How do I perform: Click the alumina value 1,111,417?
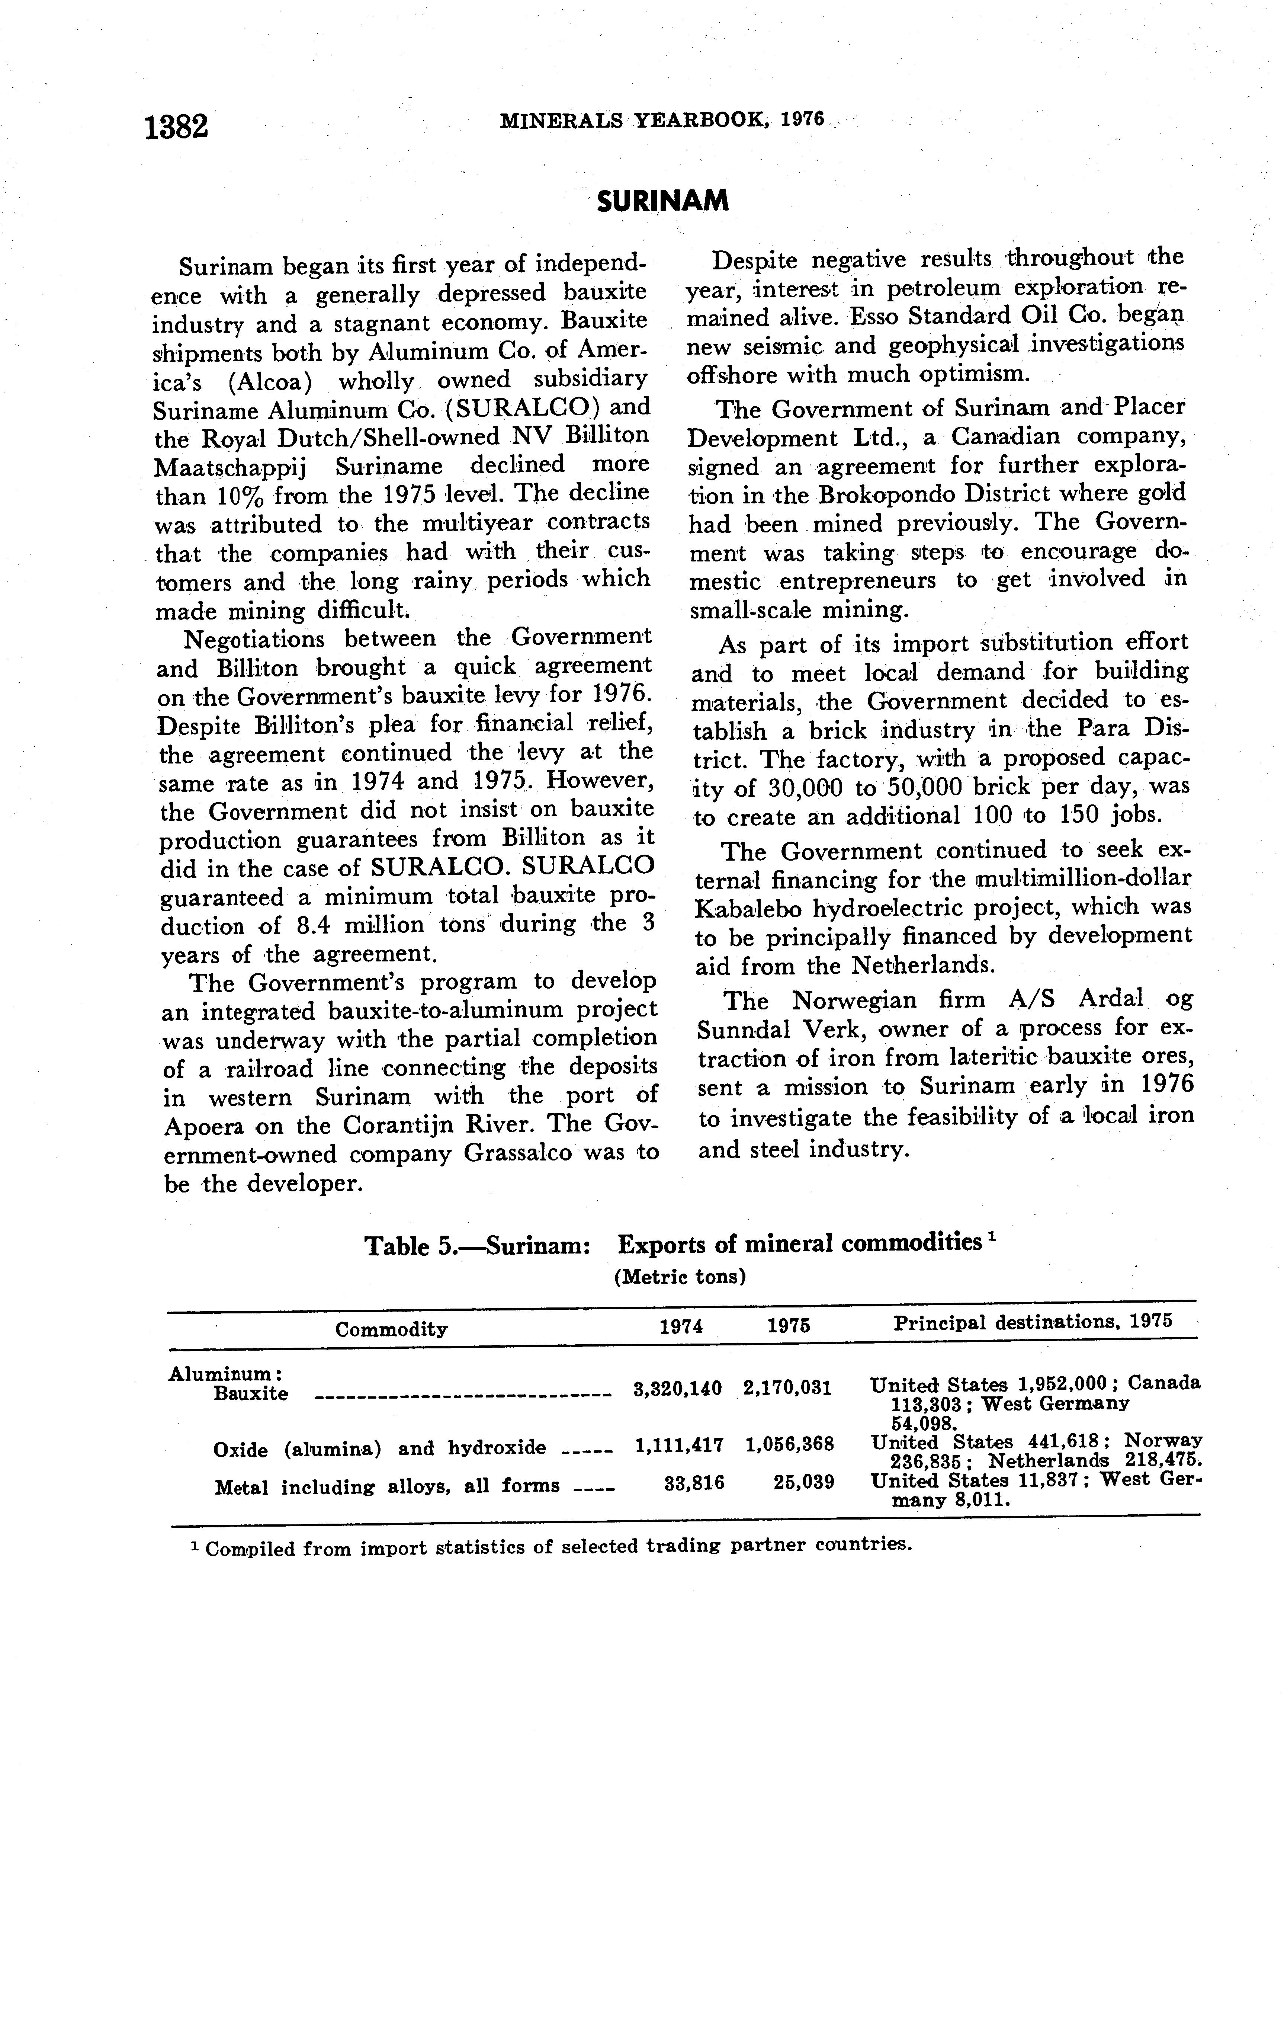(678, 1445)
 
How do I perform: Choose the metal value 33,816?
(694, 1483)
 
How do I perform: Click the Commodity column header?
(391, 1330)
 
